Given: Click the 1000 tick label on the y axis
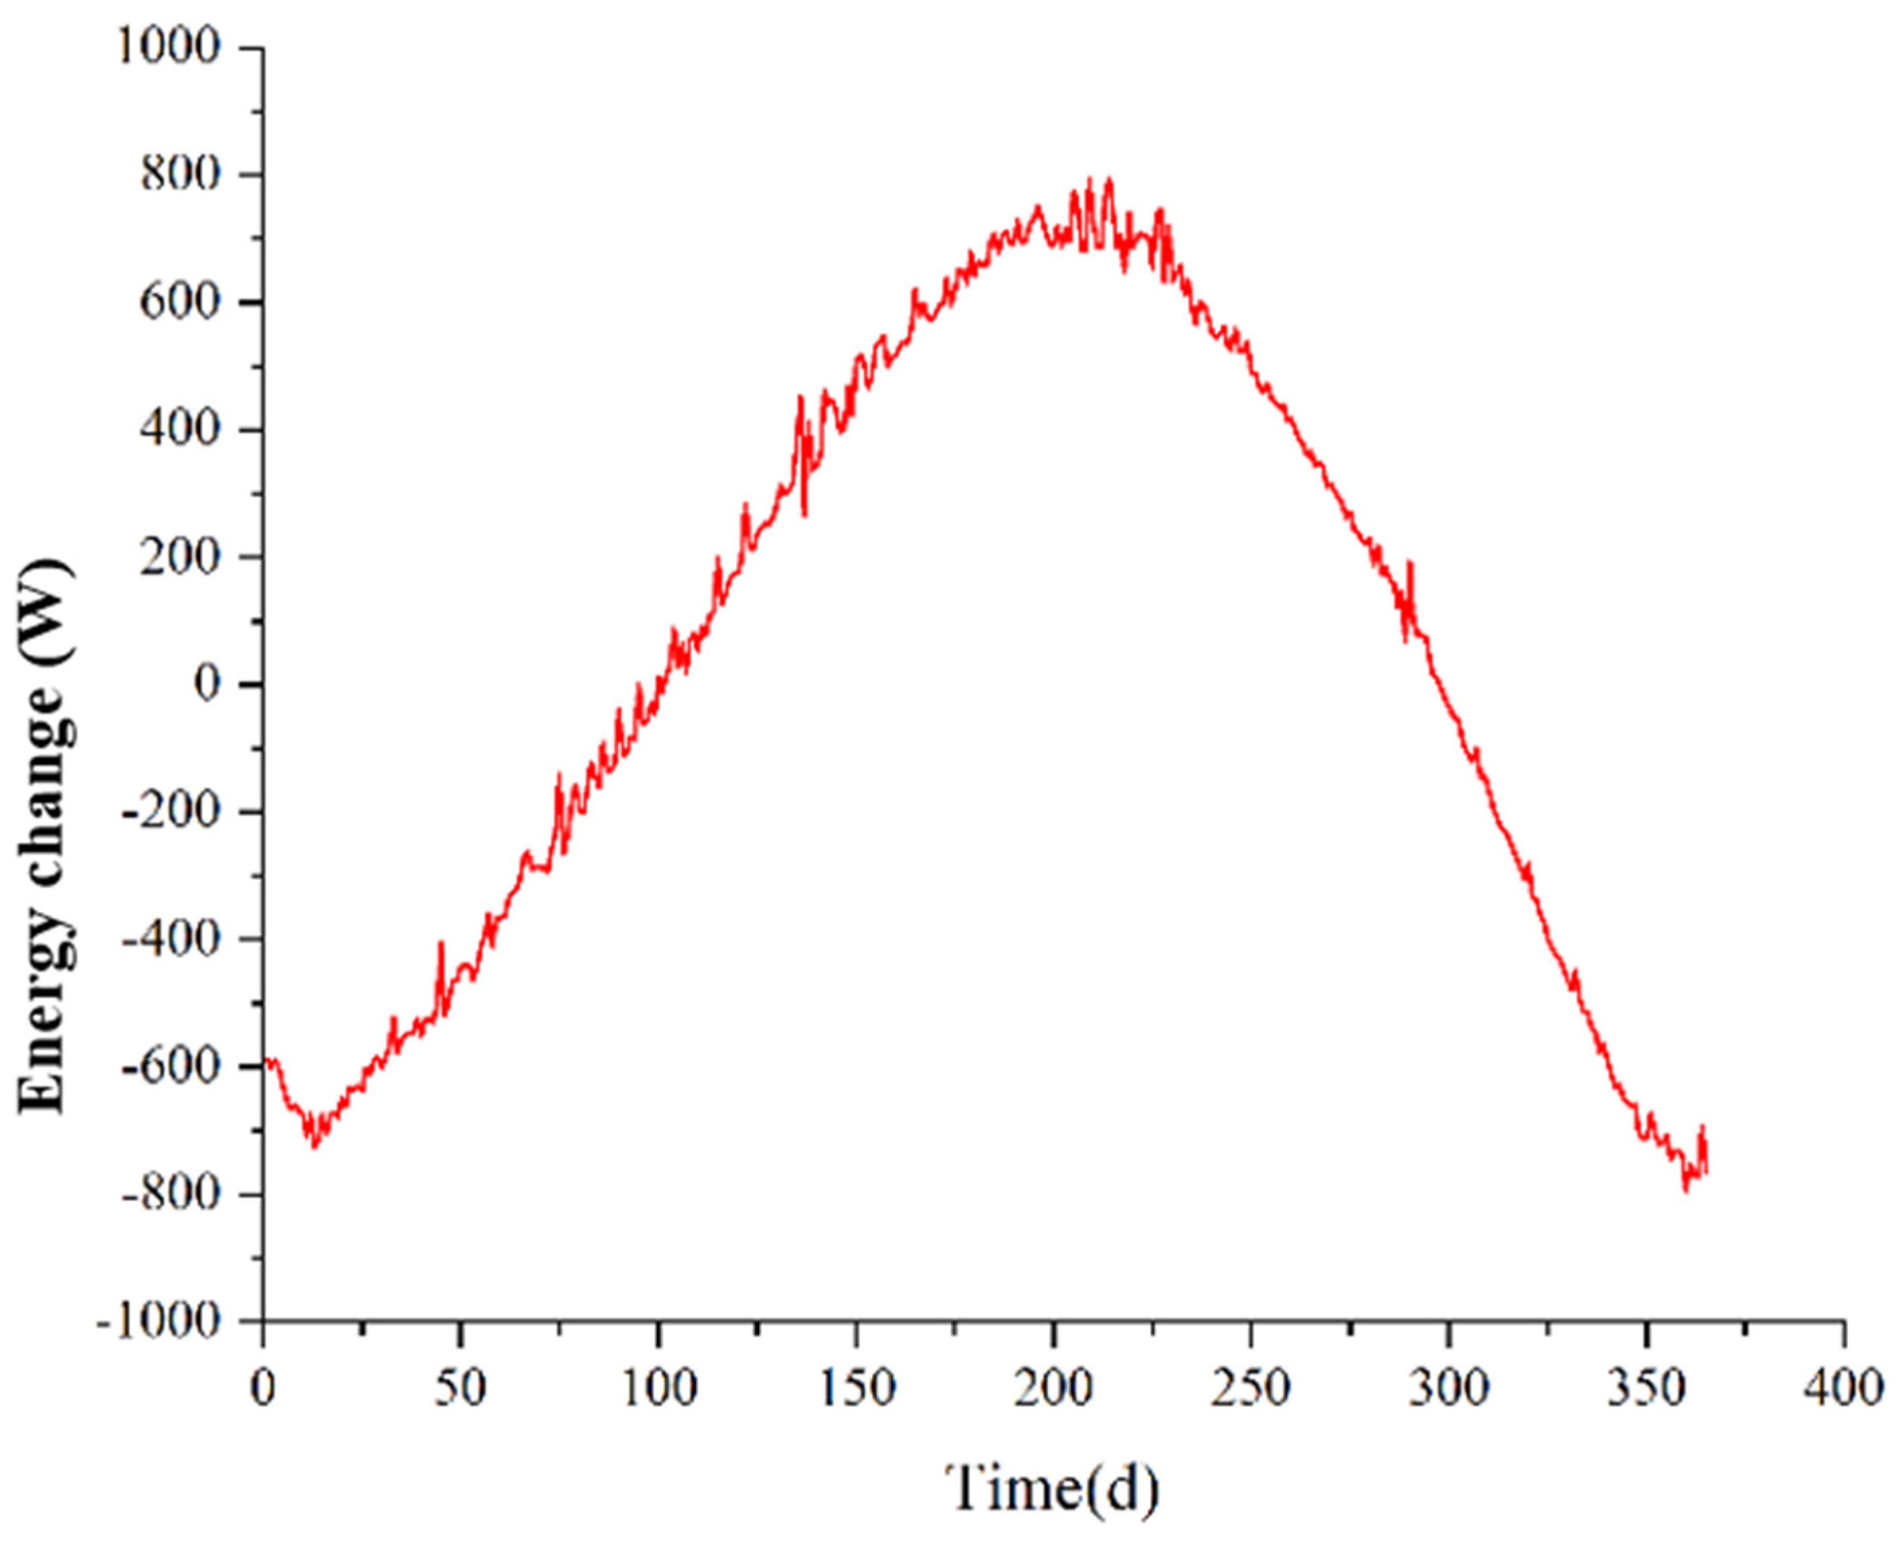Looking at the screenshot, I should [169, 46].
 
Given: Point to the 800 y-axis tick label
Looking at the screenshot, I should [180, 175].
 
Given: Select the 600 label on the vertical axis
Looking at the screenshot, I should [180, 302].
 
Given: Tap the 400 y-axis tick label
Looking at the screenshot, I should [180, 430].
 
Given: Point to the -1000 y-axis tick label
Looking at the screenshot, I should [159, 1321].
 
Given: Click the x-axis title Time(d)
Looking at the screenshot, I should [1052, 1487].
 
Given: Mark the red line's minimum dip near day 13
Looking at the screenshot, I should [313, 1146].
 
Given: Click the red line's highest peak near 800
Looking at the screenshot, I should [1108, 179].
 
